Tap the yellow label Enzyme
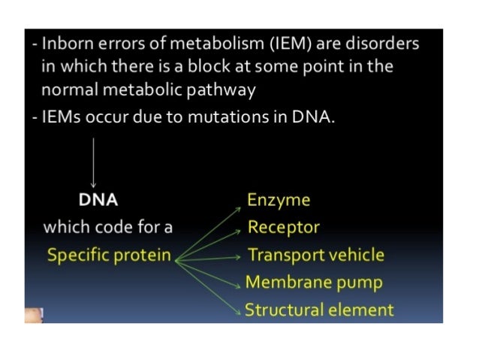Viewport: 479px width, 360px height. click(x=279, y=200)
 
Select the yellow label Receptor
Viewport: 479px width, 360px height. click(x=284, y=227)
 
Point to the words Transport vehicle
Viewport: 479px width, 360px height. click(x=316, y=255)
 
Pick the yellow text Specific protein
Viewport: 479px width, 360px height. click(x=109, y=255)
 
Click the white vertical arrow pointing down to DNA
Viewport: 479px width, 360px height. click(x=93, y=162)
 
